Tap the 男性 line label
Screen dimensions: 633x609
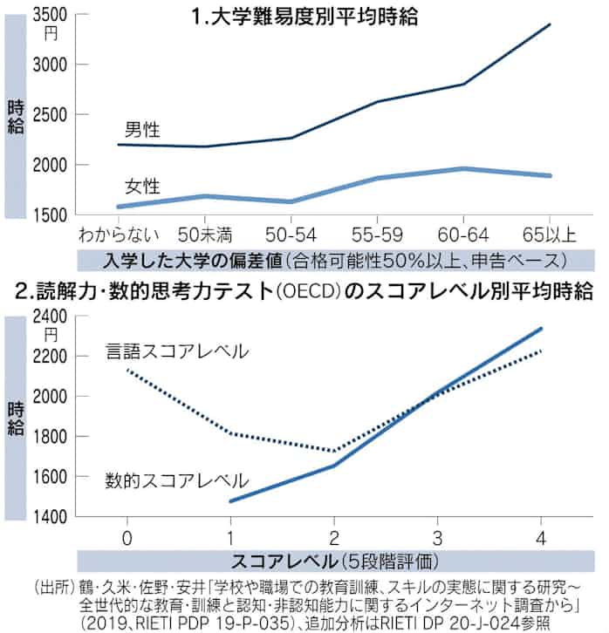coord(140,131)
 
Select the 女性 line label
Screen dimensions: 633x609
coord(140,185)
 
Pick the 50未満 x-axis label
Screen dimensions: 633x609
coord(204,234)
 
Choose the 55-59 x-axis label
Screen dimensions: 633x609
coord(376,234)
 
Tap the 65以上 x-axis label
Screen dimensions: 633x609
coord(549,234)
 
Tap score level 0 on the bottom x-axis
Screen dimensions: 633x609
coord(128,534)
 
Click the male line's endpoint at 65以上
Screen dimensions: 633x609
coord(550,24)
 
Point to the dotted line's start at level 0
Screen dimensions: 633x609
coord(128,371)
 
